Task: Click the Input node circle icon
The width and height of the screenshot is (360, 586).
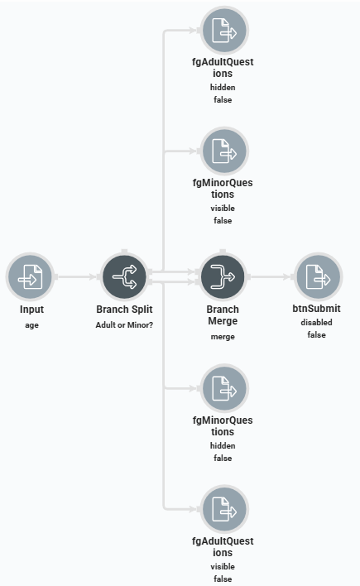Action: tap(30, 276)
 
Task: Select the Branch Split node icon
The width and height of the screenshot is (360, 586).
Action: tap(124, 276)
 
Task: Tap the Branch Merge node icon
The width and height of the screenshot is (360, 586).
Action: tap(223, 276)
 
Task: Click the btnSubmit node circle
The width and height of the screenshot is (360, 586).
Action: tap(318, 276)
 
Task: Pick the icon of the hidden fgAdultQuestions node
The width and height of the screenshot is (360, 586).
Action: tap(224, 31)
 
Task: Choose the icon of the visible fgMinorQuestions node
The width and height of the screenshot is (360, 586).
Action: tap(224, 151)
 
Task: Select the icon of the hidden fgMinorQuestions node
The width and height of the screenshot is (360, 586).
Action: tap(224, 388)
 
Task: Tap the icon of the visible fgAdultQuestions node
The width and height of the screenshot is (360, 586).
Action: tap(224, 509)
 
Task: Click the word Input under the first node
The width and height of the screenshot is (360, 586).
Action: tap(31, 310)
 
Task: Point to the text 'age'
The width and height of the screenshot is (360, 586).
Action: tap(31, 324)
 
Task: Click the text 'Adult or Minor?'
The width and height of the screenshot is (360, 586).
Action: tap(124, 324)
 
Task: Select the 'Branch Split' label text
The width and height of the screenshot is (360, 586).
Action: tap(124, 310)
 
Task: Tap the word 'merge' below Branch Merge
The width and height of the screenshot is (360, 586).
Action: tap(223, 336)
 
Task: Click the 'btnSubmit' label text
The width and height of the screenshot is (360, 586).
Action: tap(317, 310)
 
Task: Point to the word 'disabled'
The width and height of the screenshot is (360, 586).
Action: tap(317, 323)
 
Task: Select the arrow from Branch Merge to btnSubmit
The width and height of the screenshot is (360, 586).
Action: tap(271, 276)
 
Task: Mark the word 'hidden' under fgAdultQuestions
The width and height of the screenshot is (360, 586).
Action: tap(223, 87)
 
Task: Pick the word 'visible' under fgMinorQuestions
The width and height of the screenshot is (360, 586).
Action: tap(223, 208)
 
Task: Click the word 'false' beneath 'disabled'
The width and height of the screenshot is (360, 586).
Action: tap(317, 334)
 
